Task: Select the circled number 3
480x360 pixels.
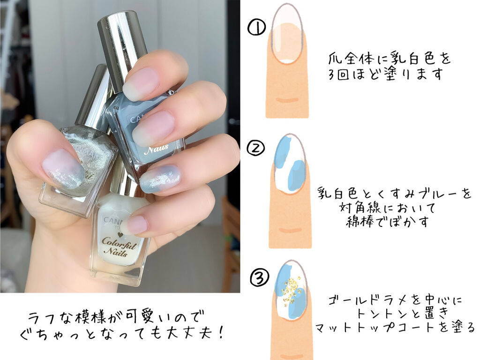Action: point(257,278)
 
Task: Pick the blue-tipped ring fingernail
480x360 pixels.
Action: point(159,179)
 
